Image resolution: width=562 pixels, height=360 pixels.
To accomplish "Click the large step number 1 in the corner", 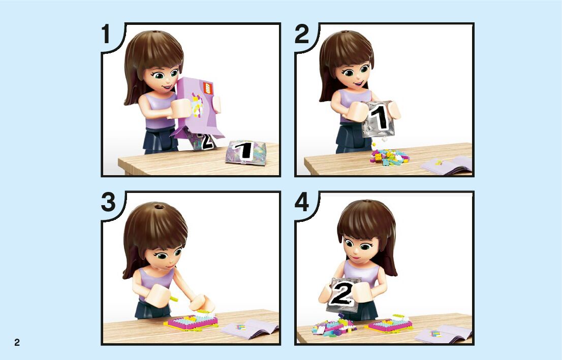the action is pyautogui.click(x=106, y=34).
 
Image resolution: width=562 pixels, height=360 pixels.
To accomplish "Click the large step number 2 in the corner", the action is pyautogui.click(x=302, y=34).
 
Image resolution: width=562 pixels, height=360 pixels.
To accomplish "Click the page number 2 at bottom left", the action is pyautogui.click(x=17, y=342).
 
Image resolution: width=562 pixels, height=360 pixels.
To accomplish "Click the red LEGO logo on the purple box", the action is pyautogui.click(x=208, y=88).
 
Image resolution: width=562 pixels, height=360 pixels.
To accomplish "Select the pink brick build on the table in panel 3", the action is pyautogui.click(x=192, y=322).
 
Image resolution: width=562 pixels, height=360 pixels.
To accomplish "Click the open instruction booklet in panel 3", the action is pyautogui.click(x=250, y=329).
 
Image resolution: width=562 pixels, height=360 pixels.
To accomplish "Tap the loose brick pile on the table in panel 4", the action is pyautogui.click(x=333, y=326).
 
